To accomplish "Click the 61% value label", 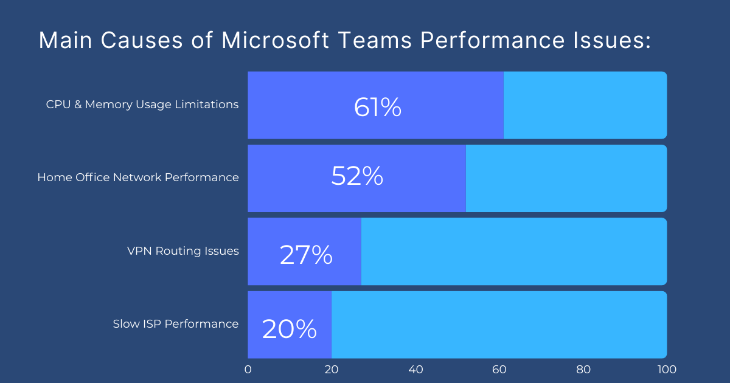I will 377,108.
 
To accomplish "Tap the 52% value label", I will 357,176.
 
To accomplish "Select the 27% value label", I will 306,255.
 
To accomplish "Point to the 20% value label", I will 289,329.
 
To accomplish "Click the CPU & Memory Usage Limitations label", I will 142,105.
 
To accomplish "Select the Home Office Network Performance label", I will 138,178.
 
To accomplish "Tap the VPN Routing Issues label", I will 182,251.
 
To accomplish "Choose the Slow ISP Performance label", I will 176,324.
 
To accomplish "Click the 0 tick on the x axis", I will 248,369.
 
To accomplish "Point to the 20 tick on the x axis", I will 332,369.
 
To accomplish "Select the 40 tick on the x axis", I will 415,369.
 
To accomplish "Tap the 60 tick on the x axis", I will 499,369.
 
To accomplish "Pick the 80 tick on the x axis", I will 583,369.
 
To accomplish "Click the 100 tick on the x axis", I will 667,369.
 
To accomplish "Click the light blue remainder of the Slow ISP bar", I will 499,324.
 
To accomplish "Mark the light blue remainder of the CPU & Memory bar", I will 585,105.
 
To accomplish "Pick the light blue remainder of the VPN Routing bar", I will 514,251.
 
